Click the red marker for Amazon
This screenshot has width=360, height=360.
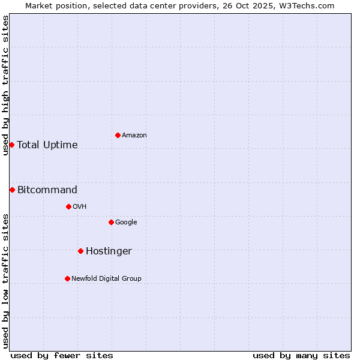pyautogui.click(x=118, y=135)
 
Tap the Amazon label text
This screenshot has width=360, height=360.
pyautogui.click(x=134, y=136)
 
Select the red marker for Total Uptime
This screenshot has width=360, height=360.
pyautogui.click(x=11, y=145)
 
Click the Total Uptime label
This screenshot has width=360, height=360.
pyautogui.click(x=47, y=145)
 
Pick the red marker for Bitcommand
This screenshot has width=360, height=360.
pyautogui.click(x=12, y=190)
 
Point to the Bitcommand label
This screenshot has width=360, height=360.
pyautogui.click(x=47, y=190)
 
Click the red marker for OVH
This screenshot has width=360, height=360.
pyautogui.click(x=68, y=206)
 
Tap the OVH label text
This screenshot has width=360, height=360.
pyautogui.click(x=80, y=207)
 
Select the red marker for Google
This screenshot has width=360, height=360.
pyautogui.click(x=111, y=222)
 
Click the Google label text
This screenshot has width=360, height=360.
pyautogui.click(x=126, y=223)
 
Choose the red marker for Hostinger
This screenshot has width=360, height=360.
pyautogui.click(x=80, y=251)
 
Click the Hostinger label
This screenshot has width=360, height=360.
pyautogui.click(x=109, y=251)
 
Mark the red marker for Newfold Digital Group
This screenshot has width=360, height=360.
pyautogui.click(x=67, y=278)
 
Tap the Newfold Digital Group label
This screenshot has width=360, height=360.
pyautogui.click(x=106, y=279)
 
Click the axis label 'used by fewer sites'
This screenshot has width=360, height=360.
pyautogui.click(x=62, y=355)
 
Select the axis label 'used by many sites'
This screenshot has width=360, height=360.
pyautogui.click(x=301, y=355)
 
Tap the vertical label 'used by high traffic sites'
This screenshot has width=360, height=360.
pyautogui.click(x=5, y=85)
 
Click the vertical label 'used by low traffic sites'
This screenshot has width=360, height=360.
pyautogui.click(x=5, y=280)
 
